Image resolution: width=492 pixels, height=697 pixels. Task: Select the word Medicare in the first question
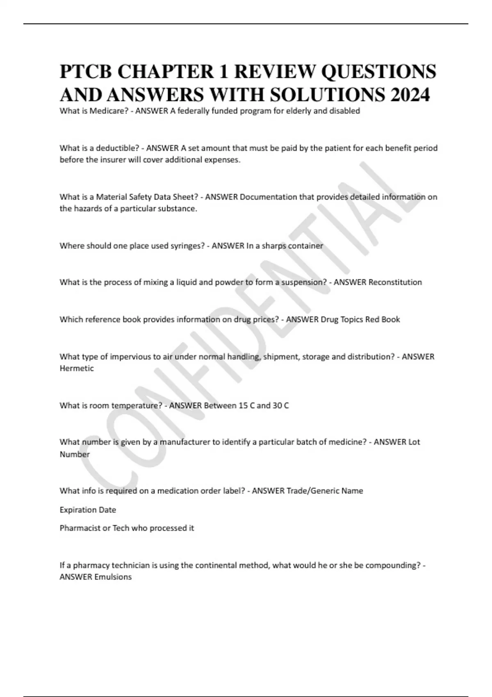tap(108, 111)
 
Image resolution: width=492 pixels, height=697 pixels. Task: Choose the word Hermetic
tap(77, 369)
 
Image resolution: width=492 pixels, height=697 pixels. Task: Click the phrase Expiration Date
tap(88, 510)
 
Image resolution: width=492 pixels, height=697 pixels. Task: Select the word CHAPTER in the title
tap(163, 72)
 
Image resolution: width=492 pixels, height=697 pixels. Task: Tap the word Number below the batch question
tap(75, 455)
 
